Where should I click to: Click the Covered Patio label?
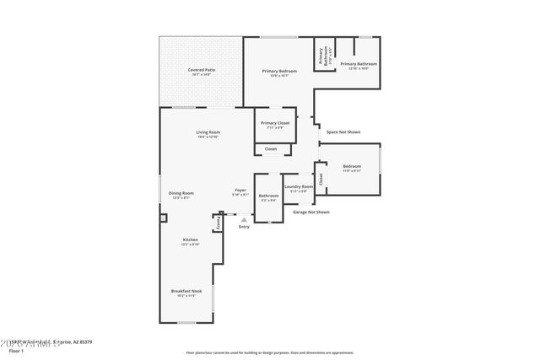[x=201, y=70]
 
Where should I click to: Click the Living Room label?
[x=208, y=132]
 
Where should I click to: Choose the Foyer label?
[x=240, y=191]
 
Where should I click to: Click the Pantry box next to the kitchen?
[x=217, y=223]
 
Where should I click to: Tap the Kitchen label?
[x=191, y=240]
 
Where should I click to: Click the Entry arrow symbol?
[x=245, y=219]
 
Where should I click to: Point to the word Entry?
[x=245, y=227]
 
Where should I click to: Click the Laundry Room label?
[x=299, y=186]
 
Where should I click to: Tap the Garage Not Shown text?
[x=311, y=212]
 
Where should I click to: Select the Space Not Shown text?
[x=343, y=132]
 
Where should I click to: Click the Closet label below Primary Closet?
[x=271, y=149]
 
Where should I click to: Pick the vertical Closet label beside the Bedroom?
[x=321, y=178]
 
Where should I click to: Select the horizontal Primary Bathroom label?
[x=359, y=64]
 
